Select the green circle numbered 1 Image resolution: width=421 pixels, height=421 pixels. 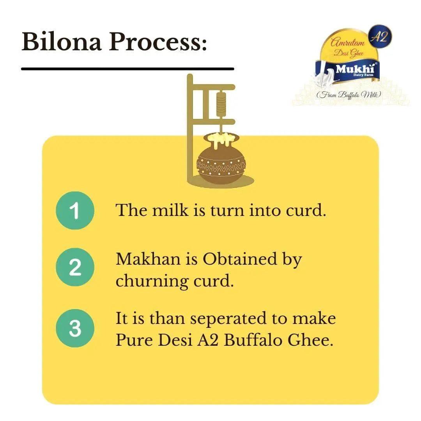75,211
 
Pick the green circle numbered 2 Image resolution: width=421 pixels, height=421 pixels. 75,267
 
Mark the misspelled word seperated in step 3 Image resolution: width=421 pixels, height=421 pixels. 228,318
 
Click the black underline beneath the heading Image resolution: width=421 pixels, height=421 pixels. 127,69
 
